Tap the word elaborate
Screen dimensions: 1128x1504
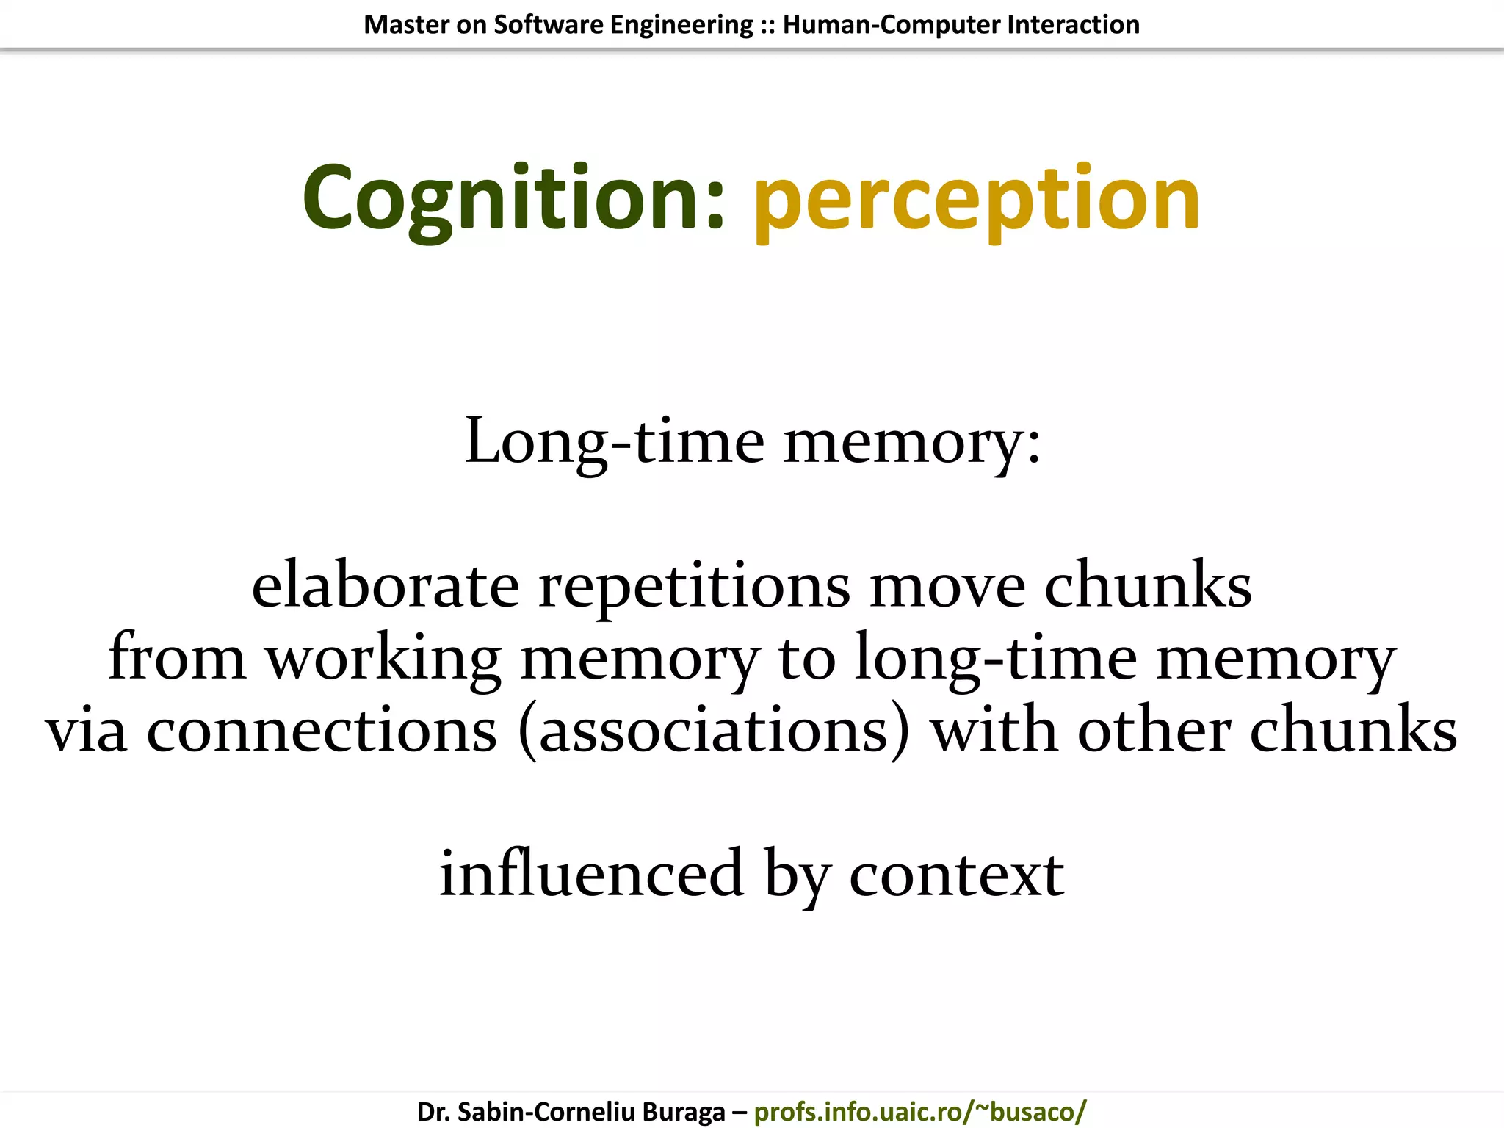pos(386,585)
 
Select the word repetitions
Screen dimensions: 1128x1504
pos(694,587)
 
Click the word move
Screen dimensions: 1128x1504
pos(947,587)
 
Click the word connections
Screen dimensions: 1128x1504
pos(322,730)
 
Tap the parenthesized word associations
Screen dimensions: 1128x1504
pos(713,730)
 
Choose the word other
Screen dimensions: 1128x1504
pos(1154,730)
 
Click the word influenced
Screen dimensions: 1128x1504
pos(591,873)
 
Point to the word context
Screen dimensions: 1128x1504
pos(956,875)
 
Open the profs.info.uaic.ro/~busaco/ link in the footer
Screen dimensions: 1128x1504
pos(919,1111)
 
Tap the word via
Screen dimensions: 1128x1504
pos(86,730)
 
